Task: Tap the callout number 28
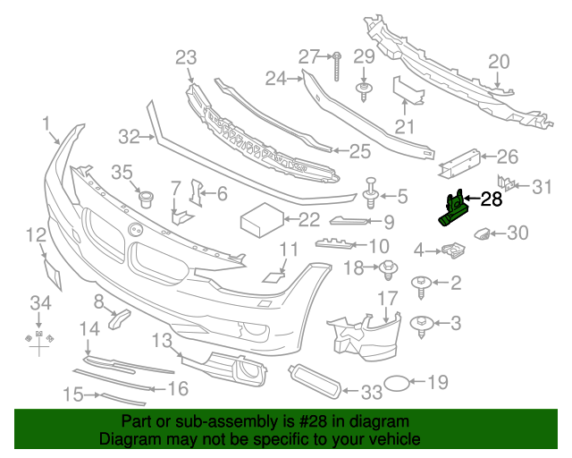(x=492, y=199)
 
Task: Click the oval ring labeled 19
(x=400, y=384)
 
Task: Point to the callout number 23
(x=185, y=58)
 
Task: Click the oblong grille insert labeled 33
(x=315, y=380)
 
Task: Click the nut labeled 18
(x=388, y=267)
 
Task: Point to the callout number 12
(x=35, y=235)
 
